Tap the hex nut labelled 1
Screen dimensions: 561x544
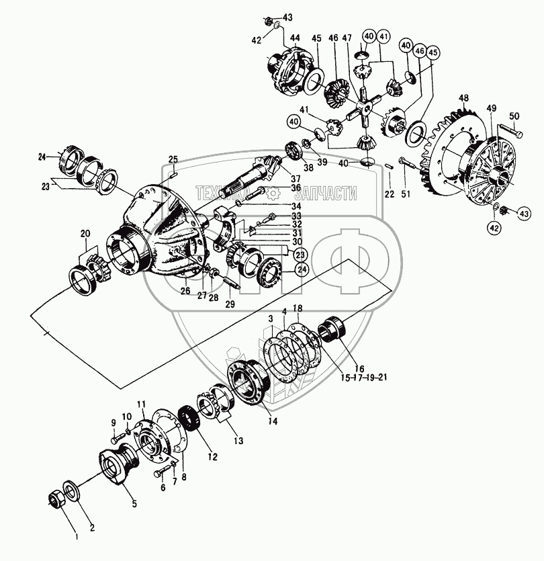click(x=58, y=499)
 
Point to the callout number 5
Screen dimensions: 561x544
click(x=134, y=503)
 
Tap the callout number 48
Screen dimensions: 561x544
click(x=463, y=99)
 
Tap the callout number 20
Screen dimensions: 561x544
click(x=85, y=233)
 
